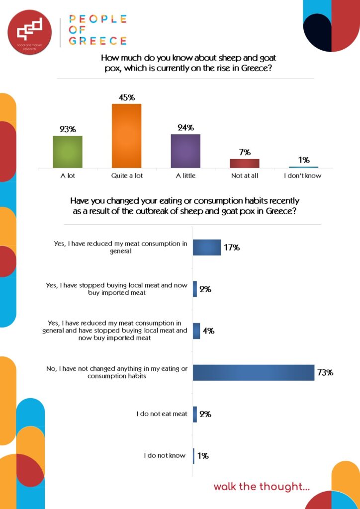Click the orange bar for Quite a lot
pos(126,136)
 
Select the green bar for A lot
pos(68,152)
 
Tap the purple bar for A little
pos(185,151)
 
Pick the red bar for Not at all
pos(245,163)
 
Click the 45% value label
pos(126,97)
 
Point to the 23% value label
pos(68,129)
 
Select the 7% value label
pos(245,152)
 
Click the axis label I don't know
pos(303,175)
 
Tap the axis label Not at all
pos(244,175)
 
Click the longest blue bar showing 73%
pos(253,372)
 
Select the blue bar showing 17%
pos(206,247)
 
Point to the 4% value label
pos(208,331)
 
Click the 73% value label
pos(325,372)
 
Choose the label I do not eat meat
pos(162,414)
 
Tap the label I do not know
pos(165,455)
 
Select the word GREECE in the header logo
pos(98,41)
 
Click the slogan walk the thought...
pos(262,487)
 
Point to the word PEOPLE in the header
pos(98,19)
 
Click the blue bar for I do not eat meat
pos(195,414)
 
